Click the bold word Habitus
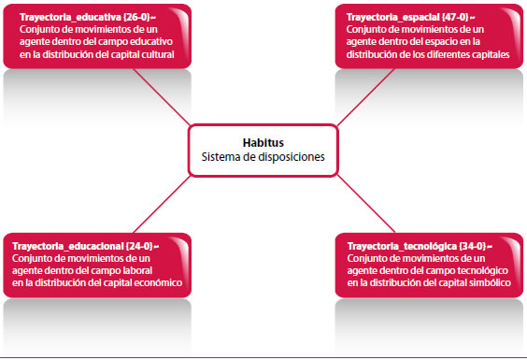(263, 143)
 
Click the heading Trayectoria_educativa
(70, 17)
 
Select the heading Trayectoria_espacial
(392, 17)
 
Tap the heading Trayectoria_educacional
(68, 246)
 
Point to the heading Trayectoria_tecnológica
(402, 246)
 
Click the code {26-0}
(136, 17)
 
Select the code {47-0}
(455, 17)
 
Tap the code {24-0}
(139, 246)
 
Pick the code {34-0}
(473, 246)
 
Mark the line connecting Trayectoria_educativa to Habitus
(162, 97)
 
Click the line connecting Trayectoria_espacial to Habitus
(365, 97)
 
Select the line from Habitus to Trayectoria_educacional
(162, 204)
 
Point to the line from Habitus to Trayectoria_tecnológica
(365, 204)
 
